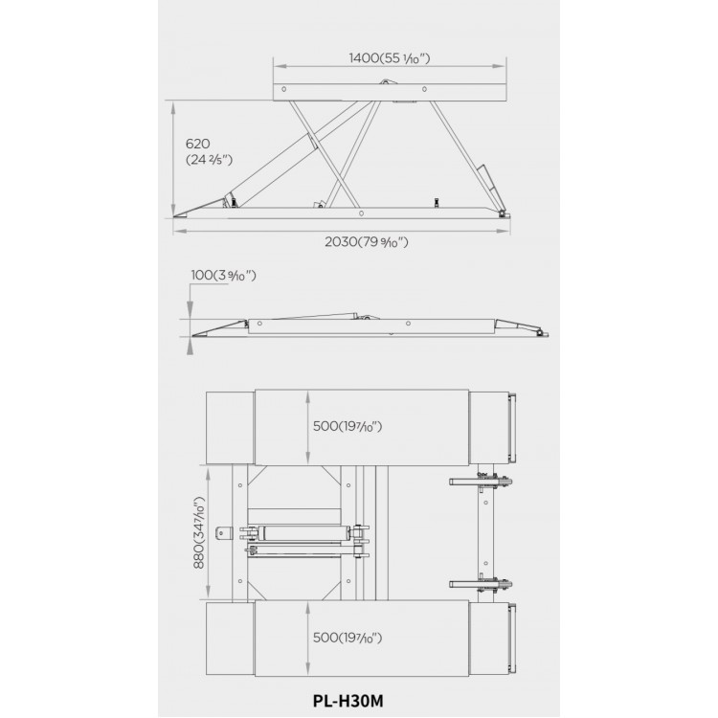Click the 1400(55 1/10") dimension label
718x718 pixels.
pos(390,58)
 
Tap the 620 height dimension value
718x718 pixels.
pos(197,144)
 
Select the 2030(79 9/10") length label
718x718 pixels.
pos(367,242)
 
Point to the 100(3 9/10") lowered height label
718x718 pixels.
pos(223,275)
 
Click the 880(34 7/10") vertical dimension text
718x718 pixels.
pos(198,532)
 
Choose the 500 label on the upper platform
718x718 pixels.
pos(348,426)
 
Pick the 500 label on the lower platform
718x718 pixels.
pos(348,638)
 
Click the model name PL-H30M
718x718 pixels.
pos(348,701)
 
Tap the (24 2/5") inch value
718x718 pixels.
pos(210,160)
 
